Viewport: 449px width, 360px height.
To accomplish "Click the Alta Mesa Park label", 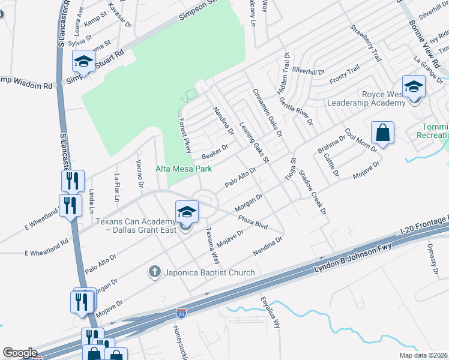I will (184, 169).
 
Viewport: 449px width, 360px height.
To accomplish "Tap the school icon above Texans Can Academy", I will (187, 211).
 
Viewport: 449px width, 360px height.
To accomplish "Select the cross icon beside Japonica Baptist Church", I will (154, 272).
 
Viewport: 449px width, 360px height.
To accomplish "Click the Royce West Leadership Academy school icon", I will (413, 86).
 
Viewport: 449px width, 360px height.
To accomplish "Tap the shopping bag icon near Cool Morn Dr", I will (382, 133).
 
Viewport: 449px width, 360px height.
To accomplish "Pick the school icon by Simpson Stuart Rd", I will (83, 61).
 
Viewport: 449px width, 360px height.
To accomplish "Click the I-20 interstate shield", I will (181, 313).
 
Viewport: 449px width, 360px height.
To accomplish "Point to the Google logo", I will (20, 353).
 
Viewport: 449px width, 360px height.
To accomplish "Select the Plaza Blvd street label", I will (252, 221).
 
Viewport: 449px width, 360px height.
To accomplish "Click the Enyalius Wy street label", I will (270, 313).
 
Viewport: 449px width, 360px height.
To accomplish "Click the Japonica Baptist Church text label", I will (208, 273).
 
